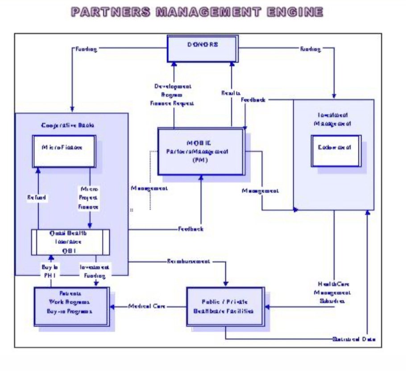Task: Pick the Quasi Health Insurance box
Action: pyautogui.click(x=70, y=242)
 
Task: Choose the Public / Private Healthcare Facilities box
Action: pyautogui.click(x=225, y=306)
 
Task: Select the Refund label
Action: pyautogui.click(x=36, y=197)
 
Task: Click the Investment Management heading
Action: pyautogui.click(x=333, y=118)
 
